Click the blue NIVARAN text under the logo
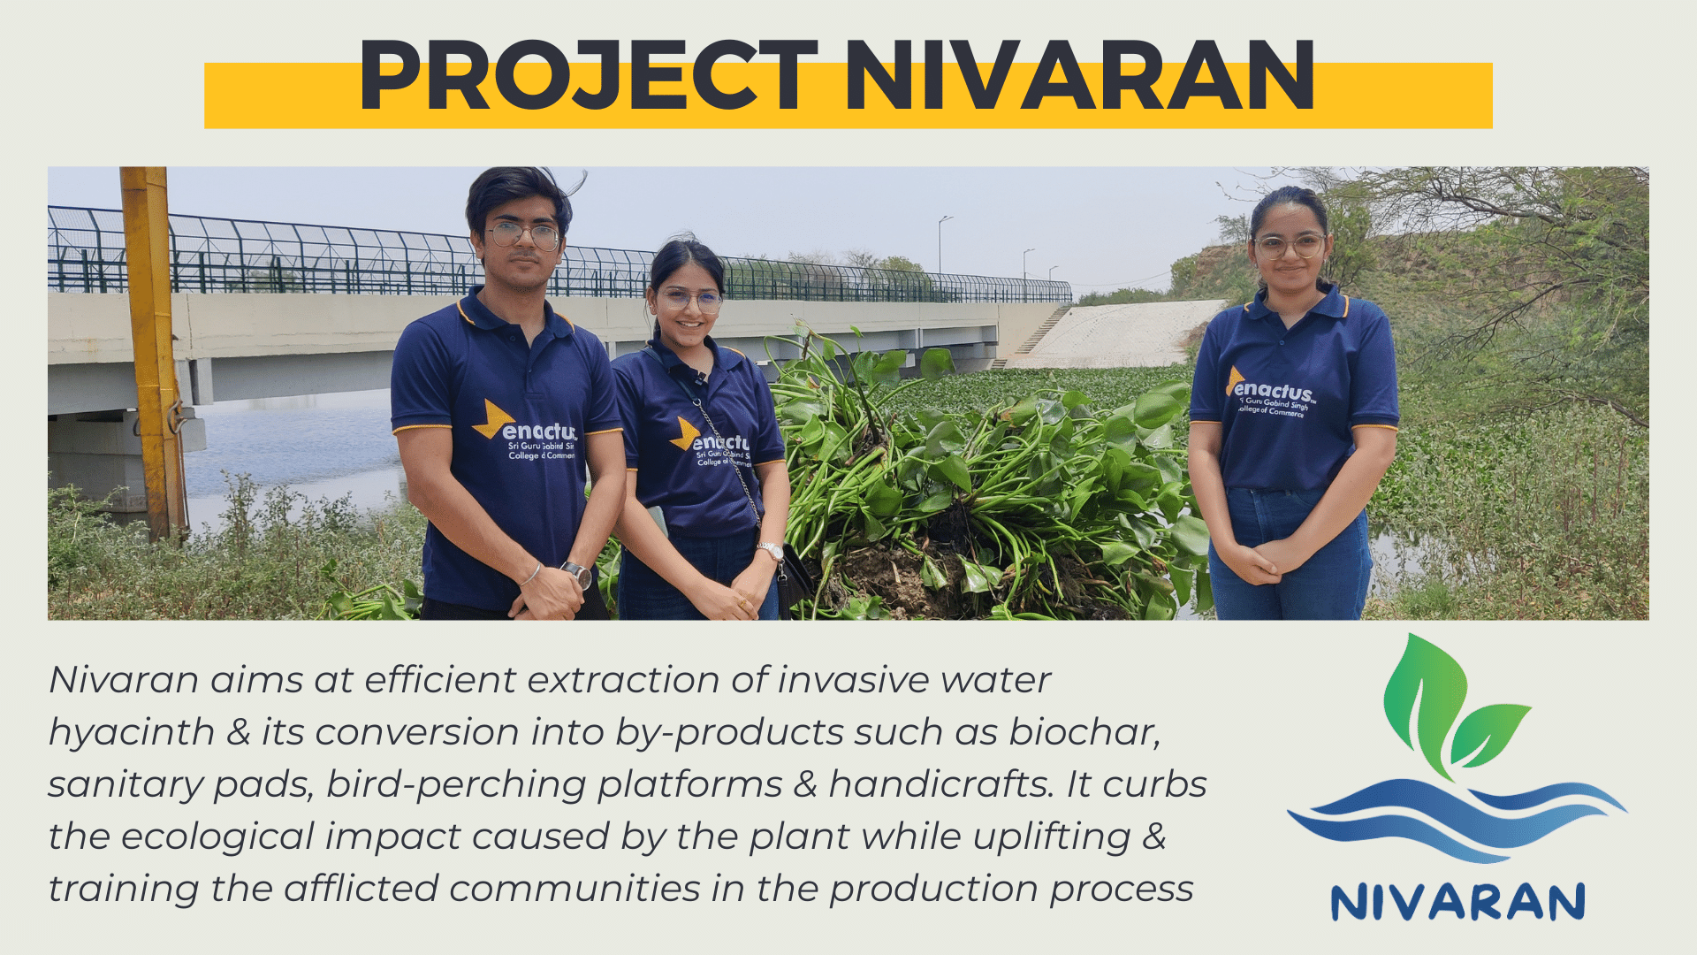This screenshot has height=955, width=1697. [1457, 902]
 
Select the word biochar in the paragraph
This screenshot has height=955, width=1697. [1084, 732]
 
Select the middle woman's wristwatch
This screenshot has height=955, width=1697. [771, 551]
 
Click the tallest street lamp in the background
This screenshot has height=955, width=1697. [942, 244]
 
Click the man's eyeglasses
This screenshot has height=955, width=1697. [524, 235]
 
